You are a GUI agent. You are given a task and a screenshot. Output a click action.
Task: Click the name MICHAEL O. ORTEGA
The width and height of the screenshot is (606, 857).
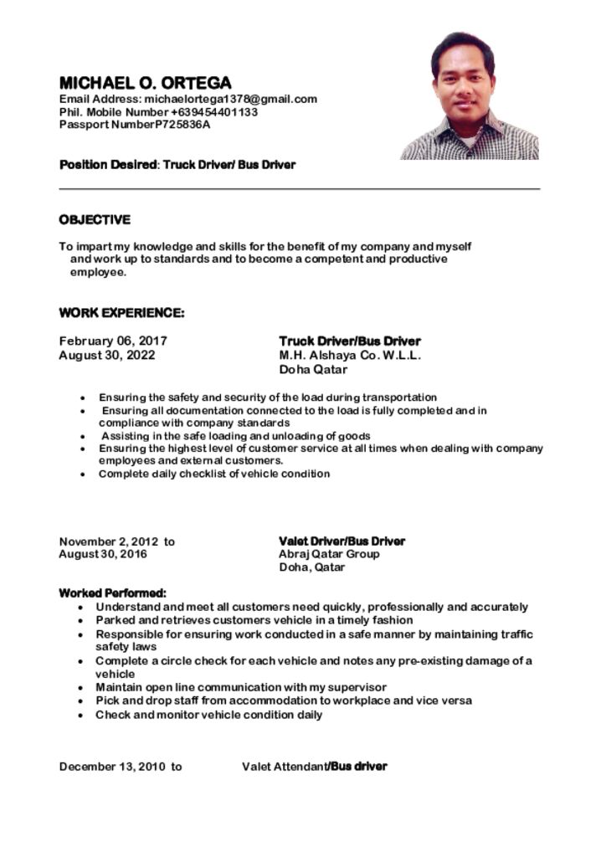coord(145,83)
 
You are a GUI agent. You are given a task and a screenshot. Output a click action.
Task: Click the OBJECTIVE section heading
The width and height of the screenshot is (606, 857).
coord(95,220)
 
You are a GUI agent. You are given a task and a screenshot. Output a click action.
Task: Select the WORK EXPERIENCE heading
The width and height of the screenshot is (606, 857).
coord(121,313)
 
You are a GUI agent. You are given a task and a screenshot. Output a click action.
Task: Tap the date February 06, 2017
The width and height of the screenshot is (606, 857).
coord(113,341)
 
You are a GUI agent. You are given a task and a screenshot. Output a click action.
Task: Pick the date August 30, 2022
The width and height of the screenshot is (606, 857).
coord(107,355)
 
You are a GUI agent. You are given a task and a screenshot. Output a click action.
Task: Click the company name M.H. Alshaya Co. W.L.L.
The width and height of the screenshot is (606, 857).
coord(350,355)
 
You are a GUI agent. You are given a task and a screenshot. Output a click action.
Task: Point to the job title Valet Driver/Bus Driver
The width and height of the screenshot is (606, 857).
coord(342,541)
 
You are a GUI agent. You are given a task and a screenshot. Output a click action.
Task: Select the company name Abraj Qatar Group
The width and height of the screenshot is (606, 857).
coord(329,554)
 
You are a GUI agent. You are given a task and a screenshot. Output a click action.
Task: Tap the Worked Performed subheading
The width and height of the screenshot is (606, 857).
coord(112,593)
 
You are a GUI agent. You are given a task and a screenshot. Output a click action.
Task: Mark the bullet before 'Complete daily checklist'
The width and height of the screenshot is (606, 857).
coord(82,475)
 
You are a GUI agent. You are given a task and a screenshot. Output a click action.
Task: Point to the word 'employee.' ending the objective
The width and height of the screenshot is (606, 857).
coord(98,273)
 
